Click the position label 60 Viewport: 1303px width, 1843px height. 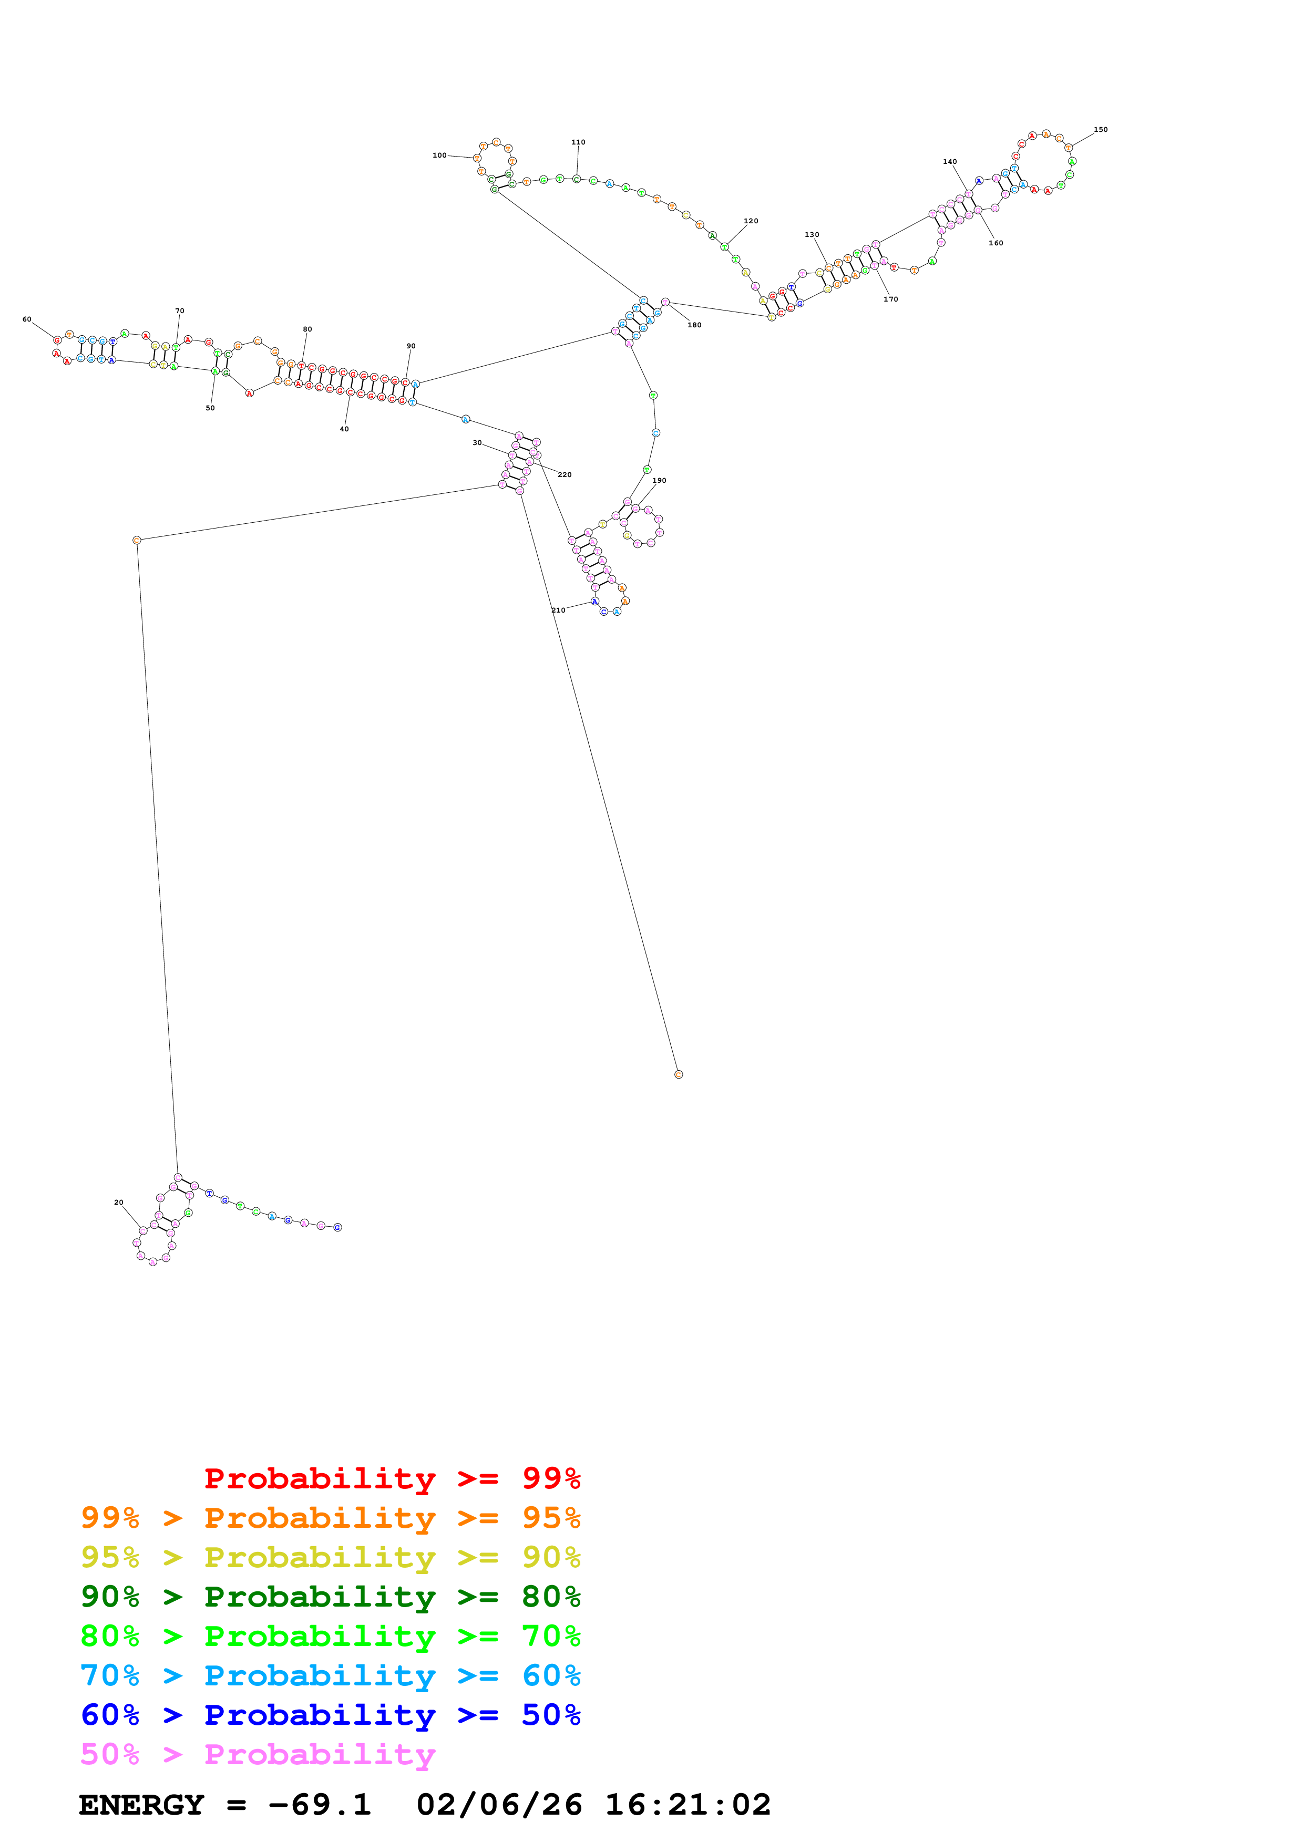pyautogui.click(x=26, y=319)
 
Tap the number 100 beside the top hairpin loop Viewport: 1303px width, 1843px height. pyautogui.click(x=439, y=156)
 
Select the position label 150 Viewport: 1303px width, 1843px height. pyautogui.click(x=1100, y=129)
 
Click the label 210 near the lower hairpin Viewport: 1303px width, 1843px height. pyautogui.click(x=558, y=610)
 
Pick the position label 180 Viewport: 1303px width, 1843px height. pyautogui.click(x=694, y=325)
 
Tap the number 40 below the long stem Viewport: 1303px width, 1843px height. pyautogui.click(x=344, y=429)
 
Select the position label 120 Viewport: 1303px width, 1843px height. pyautogui.click(x=751, y=221)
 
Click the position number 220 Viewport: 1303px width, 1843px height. pyautogui.click(x=565, y=474)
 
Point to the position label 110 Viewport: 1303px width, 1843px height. pyautogui.click(x=578, y=142)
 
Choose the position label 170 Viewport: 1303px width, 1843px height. pyautogui.click(x=890, y=299)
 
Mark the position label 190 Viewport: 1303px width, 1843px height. pyautogui.click(x=659, y=481)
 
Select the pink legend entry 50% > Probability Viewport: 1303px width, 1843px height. pyautogui.click(x=258, y=1755)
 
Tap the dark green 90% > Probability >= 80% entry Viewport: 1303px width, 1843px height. pyautogui.click(x=330, y=1597)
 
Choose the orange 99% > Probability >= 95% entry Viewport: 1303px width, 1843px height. pyautogui.click(x=330, y=1518)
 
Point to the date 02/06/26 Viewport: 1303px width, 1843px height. pyautogui.click(x=499, y=1805)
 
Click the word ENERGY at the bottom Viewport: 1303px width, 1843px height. pyautogui.click(x=141, y=1805)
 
